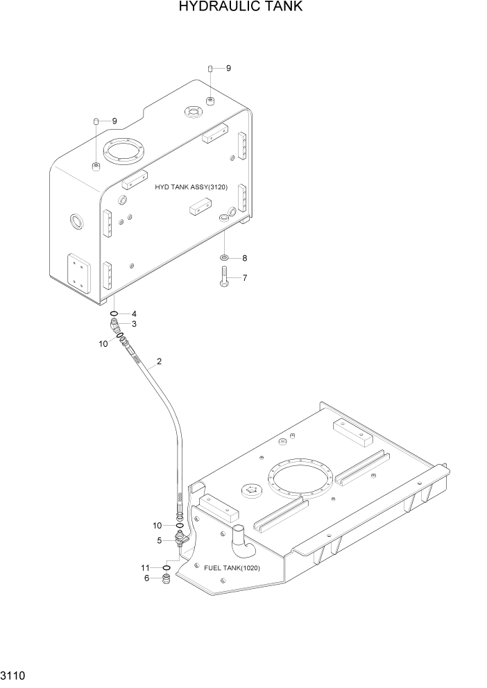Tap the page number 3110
(15, 674)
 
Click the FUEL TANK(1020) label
(232, 568)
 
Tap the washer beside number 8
(225, 258)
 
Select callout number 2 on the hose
(159, 361)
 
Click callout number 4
(134, 313)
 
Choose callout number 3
(134, 323)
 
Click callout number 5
(159, 540)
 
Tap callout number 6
(146, 578)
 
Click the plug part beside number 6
(166, 578)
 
